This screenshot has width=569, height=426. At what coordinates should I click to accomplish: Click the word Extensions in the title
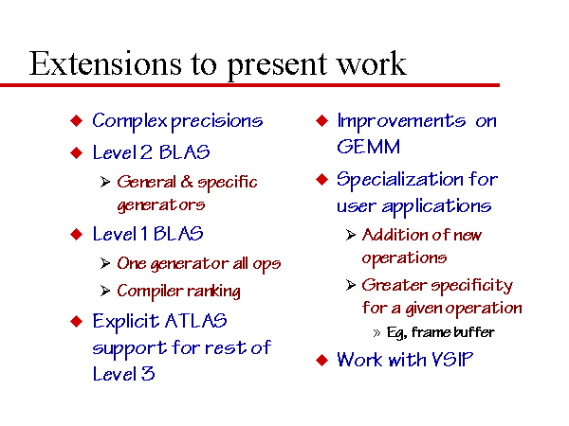point(105,63)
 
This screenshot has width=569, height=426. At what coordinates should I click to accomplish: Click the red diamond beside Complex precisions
point(76,120)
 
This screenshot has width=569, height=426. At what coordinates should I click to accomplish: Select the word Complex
point(130,121)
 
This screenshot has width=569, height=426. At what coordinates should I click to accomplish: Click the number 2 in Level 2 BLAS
point(146,152)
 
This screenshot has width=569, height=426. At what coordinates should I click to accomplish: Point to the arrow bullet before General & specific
point(105,182)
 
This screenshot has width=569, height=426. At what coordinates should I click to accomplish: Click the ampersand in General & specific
point(187,182)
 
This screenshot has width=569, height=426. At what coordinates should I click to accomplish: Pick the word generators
point(161,205)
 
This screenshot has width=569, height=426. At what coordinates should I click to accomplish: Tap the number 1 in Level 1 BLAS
point(144,233)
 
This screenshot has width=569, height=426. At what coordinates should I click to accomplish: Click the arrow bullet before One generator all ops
point(105,263)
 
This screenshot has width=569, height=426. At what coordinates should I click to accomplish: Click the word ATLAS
point(196,321)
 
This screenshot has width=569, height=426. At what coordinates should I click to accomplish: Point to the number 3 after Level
point(148,374)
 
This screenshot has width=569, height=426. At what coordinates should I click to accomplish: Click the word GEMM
point(368,147)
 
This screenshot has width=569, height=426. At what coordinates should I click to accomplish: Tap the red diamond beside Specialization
point(321,179)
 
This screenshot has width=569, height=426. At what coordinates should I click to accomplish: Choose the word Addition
point(395,235)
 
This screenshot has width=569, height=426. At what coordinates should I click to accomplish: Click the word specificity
point(471,286)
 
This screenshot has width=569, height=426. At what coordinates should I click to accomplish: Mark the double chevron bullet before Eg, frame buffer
point(376,333)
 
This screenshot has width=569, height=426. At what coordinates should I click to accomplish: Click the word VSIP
point(452,360)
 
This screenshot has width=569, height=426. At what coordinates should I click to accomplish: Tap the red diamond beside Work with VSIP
point(321,361)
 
